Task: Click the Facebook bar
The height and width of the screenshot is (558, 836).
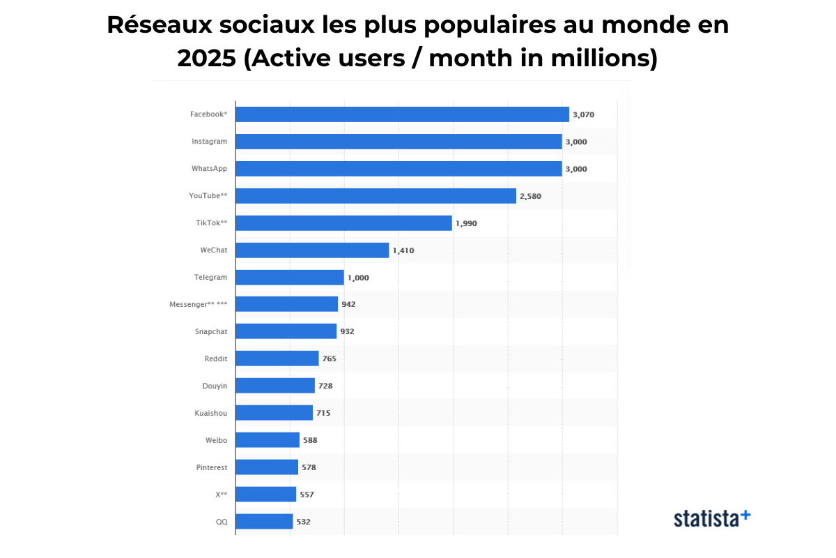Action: [x=402, y=114]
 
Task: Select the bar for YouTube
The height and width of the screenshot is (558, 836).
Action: [x=376, y=196]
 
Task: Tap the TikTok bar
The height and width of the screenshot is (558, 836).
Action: [x=343, y=223]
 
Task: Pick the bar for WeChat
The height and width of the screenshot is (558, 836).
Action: [x=312, y=250]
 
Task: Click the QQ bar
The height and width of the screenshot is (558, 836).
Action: [x=264, y=521]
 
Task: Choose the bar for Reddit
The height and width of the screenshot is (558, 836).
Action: [x=277, y=359]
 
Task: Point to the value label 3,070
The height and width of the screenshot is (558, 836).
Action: [x=583, y=114]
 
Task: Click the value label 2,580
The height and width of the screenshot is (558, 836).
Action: [x=530, y=196]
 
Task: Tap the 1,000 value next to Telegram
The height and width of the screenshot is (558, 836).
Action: [x=358, y=278]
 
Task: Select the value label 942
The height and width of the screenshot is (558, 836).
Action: [x=348, y=304]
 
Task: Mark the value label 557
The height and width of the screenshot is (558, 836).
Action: [x=307, y=495]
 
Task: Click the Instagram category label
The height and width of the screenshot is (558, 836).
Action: [x=209, y=142]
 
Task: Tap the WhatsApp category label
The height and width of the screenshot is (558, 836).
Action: [x=209, y=169]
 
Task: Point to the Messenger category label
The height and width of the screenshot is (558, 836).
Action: [x=198, y=304]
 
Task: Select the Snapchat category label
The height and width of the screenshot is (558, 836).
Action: [x=210, y=331]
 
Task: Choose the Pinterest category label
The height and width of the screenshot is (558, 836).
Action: [x=211, y=467]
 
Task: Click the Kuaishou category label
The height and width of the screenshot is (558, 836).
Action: [x=210, y=413]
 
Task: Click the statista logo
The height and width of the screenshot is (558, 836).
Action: [x=711, y=518]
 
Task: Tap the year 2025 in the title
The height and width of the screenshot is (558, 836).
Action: [x=207, y=59]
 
